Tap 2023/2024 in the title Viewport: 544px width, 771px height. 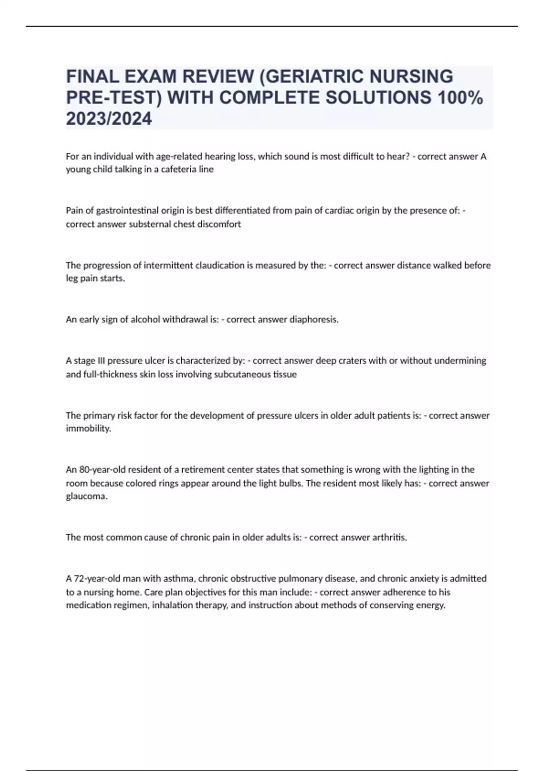tap(109, 119)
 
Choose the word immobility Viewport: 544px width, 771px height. tap(88, 429)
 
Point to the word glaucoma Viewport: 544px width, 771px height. tap(87, 496)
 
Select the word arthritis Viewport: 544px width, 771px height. tap(389, 537)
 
